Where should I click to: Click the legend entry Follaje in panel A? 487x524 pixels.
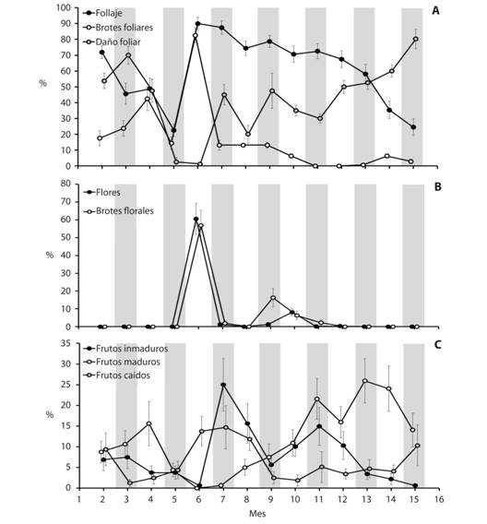click(x=109, y=13)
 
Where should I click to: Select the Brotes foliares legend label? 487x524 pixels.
click(x=125, y=28)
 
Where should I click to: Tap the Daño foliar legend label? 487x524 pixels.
click(x=118, y=42)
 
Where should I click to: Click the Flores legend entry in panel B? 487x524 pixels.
click(x=108, y=193)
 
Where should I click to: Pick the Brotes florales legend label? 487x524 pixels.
click(x=125, y=211)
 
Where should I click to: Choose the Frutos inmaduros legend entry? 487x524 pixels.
click(x=132, y=349)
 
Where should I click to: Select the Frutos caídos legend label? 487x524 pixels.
click(x=123, y=375)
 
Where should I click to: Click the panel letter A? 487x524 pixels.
click(x=435, y=11)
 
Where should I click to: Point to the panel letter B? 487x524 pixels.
click(x=437, y=186)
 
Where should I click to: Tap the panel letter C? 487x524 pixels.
click(x=437, y=344)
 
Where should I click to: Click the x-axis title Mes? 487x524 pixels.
click(x=257, y=513)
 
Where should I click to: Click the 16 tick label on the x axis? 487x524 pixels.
click(x=438, y=499)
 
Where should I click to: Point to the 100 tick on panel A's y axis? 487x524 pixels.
click(x=64, y=7)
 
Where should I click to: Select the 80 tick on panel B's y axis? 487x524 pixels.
click(x=66, y=184)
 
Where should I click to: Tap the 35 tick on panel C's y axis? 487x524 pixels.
click(x=66, y=343)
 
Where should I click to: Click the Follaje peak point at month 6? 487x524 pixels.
click(x=197, y=24)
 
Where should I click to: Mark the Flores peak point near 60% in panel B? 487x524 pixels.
click(x=196, y=220)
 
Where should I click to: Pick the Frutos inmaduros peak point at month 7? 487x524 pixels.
click(x=223, y=385)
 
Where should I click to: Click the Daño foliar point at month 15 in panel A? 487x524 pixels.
click(x=416, y=39)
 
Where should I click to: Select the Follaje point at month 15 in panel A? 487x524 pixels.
click(x=413, y=127)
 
